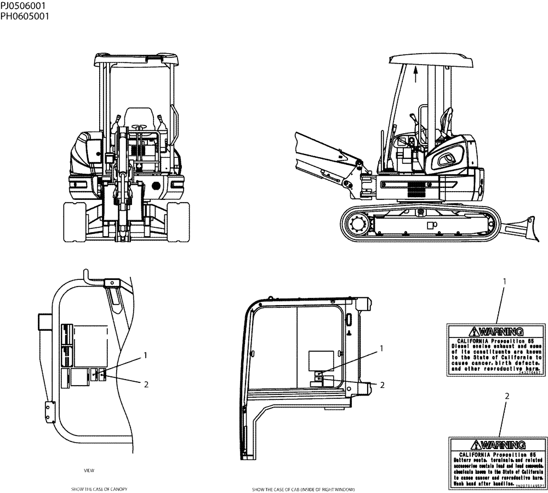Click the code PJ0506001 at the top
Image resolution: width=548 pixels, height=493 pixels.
(x=23, y=6)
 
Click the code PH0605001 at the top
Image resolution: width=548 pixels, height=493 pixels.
(x=24, y=16)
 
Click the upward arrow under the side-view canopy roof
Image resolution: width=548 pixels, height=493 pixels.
(x=415, y=73)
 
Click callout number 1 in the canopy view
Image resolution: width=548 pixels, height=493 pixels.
(x=146, y=355)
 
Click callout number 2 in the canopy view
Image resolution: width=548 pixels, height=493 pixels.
(x=146, y=384)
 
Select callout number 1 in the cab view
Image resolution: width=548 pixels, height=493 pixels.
(x=382, y=348)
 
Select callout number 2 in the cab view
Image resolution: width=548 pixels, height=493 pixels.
(x=382, y=385)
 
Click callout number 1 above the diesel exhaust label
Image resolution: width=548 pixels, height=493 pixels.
(x=504, y=281)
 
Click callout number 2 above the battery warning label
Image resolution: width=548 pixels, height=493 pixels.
(x=507, y=395)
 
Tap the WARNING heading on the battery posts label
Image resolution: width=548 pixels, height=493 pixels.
(x=500, y=445)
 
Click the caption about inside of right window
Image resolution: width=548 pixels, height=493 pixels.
(x=303, y=489)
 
